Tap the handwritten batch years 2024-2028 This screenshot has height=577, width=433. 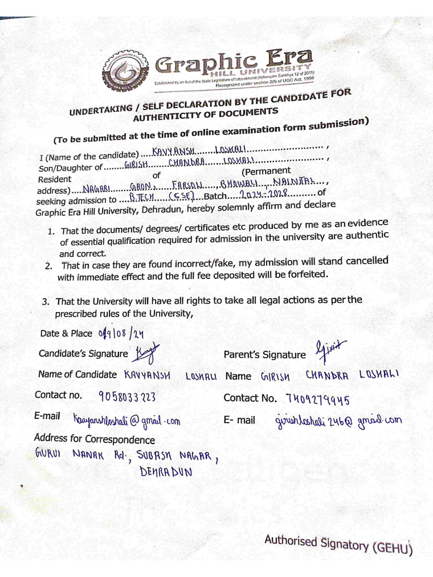(264, 194)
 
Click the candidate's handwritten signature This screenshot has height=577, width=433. (145, 353)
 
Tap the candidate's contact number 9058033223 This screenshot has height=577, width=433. (127, 396)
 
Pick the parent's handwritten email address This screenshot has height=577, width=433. (338, 420)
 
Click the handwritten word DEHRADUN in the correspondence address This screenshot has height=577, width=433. (166, 472)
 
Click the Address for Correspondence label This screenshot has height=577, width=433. (94, 439)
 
